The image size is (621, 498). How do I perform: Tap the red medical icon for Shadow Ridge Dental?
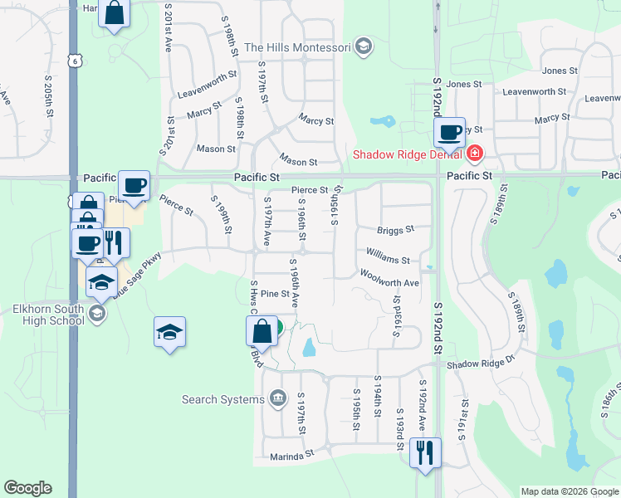pos(474,154)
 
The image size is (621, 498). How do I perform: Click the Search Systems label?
pos(223,399)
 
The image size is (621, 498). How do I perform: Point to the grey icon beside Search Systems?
pos(278,399)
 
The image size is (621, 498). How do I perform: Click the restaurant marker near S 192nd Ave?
pos(425,452)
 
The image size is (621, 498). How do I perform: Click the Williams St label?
pos(388,260)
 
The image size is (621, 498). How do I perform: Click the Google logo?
pos(28,488)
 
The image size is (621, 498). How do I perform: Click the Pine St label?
pos(274,294)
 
